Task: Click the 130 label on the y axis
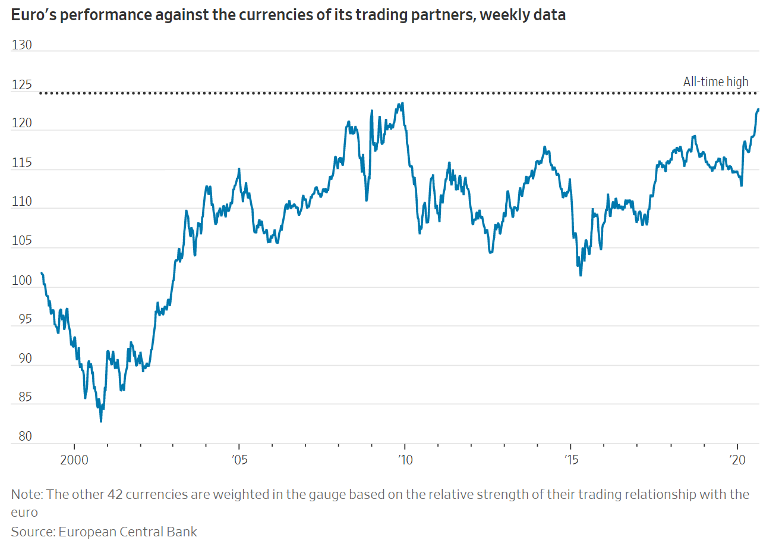click(22, 45)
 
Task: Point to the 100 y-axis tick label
click(22, 281)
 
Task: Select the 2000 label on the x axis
click(74, 460)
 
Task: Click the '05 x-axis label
click(239, 460)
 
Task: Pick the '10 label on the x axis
click(405, 460)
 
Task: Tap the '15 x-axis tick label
click(570, 460)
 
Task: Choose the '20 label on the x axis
click(737, 460)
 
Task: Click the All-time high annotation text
click(715, 82)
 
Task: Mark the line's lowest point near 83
click(101, 422)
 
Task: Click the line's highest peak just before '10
click(402, 103)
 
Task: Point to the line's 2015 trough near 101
click(581, 275)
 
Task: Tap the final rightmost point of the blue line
click(758, 109)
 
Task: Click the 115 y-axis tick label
click(22, 163)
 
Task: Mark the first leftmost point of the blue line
click(41, 273)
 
